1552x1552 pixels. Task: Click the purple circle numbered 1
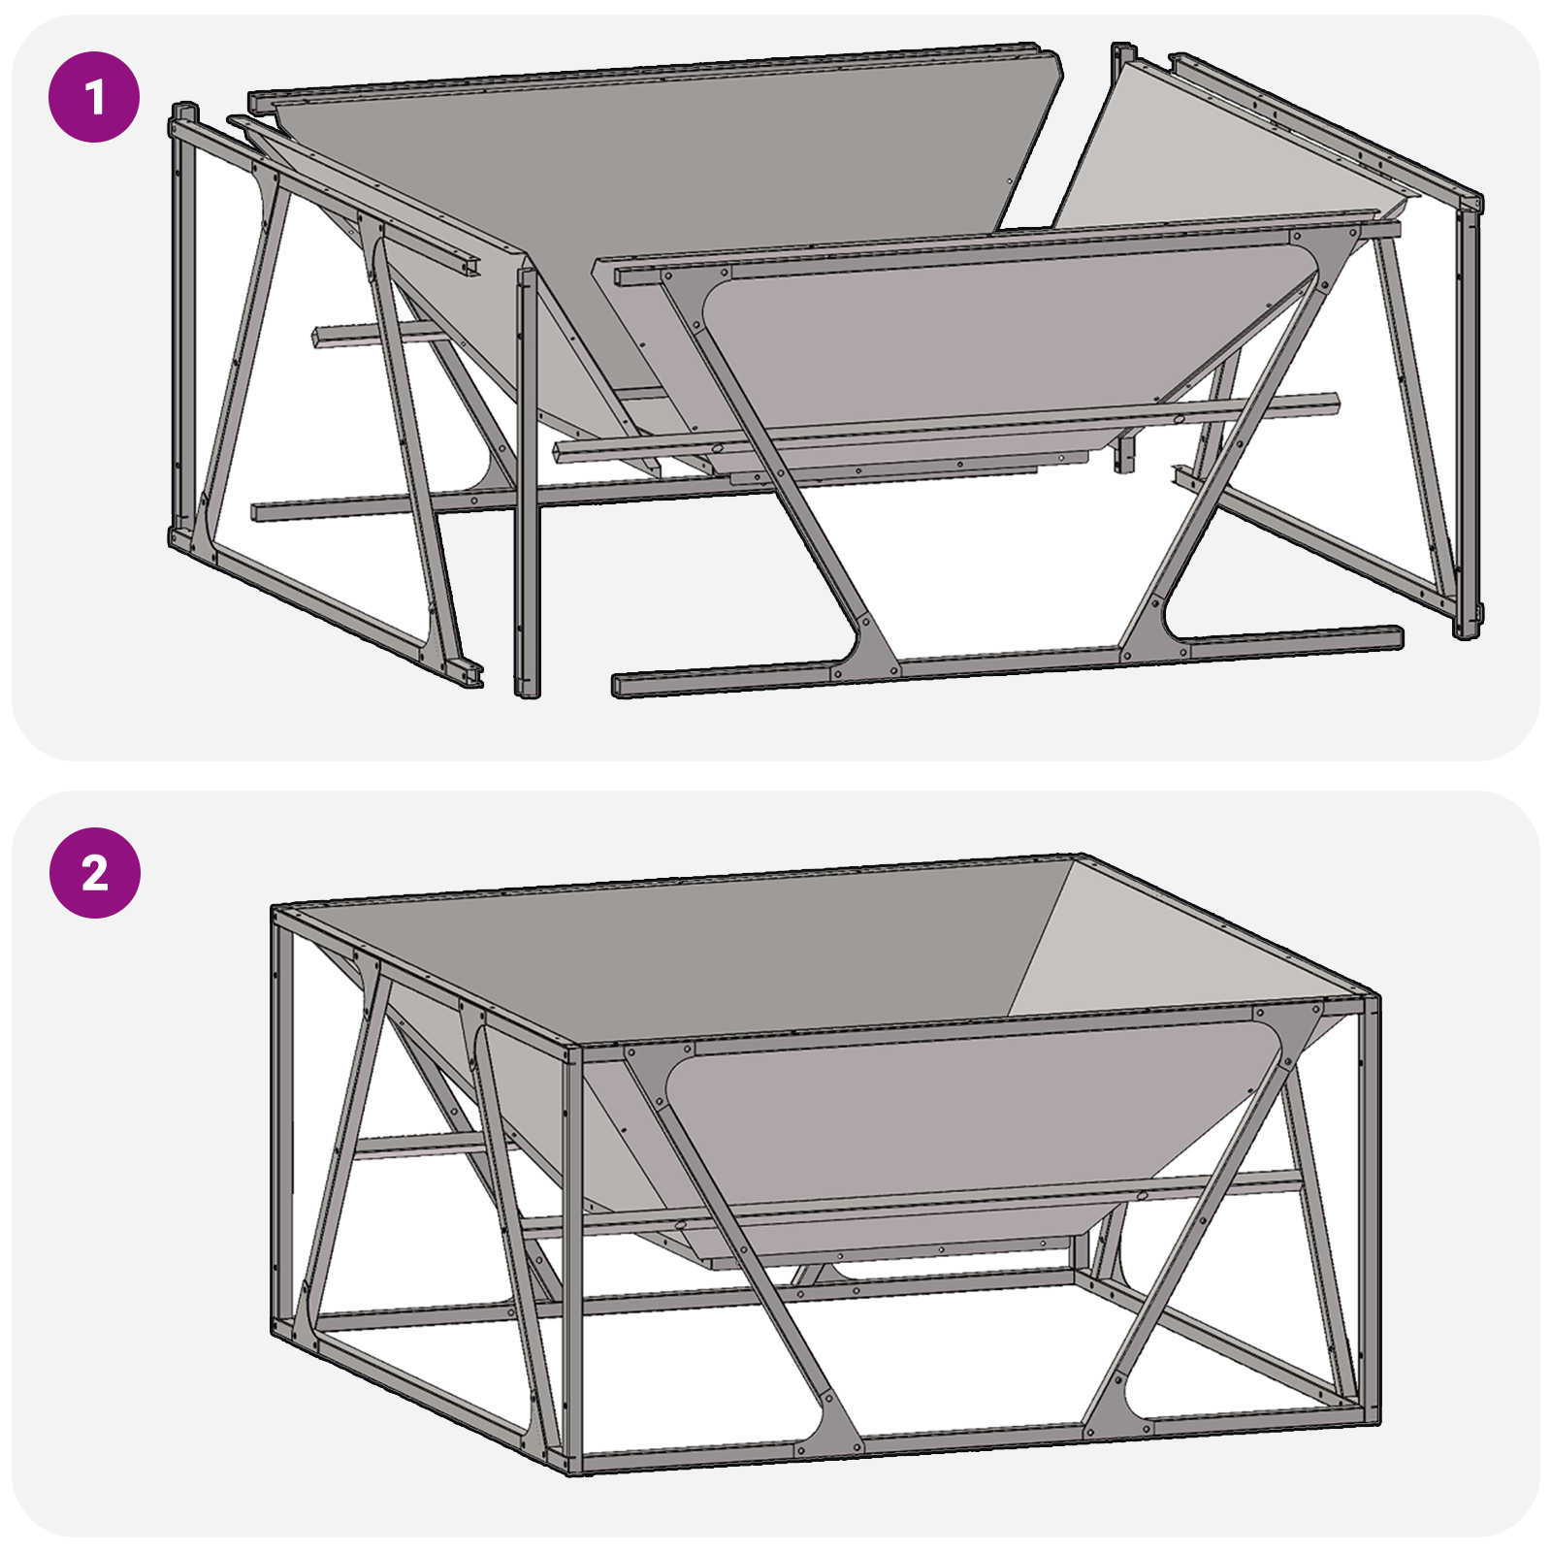point(94,97)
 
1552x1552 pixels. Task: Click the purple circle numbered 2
point(94,873)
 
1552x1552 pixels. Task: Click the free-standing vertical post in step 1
point(527,485)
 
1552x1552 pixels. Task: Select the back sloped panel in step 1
point(660,194)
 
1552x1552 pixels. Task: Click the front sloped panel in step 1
point(970,339)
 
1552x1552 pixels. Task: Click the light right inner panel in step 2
point(1164,951)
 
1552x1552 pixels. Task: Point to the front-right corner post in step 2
point(1370,1212)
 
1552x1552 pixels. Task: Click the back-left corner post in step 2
point(280,1115)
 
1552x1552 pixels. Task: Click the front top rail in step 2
point(970,1028)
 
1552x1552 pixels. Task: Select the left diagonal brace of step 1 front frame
point(776,466)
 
